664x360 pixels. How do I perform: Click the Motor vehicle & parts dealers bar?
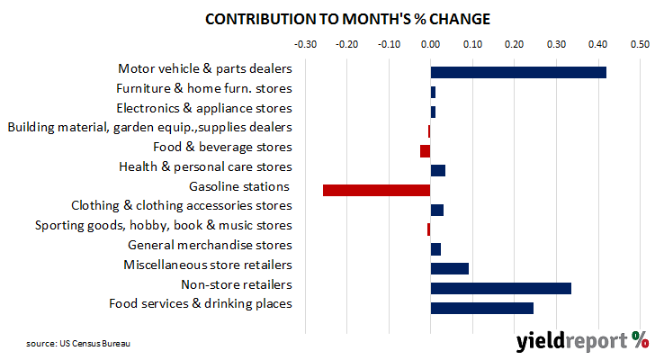tap(518, 72)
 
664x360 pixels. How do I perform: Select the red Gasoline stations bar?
tap(376, 190)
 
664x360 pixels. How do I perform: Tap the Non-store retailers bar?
tap(501, 288)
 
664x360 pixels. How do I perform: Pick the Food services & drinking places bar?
tap(482, 308)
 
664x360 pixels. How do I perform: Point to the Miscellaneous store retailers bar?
tap(450, 268)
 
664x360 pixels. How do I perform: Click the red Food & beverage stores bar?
tap(426, 151)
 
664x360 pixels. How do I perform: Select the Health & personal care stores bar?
tap(438, 171)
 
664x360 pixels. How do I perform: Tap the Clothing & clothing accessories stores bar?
tap(437, 210)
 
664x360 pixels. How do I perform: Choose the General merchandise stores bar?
tap(435, 249)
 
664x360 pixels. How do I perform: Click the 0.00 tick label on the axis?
tap(431, 44)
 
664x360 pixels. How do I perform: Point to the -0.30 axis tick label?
tap(305, 44)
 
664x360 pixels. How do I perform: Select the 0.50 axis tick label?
tap(640, 44)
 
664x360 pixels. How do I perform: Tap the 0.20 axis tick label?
tap(514, 44)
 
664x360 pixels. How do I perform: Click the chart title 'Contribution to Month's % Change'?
tap(347, 19)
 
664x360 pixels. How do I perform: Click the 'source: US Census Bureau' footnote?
tap(78, 344)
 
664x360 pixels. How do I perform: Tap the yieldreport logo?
tap(582, 341)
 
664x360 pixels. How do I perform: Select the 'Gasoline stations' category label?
tap(239, 186)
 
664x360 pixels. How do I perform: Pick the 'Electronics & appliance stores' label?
tap(204, 108)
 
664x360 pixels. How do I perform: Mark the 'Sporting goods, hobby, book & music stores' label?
tap(164, 225)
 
